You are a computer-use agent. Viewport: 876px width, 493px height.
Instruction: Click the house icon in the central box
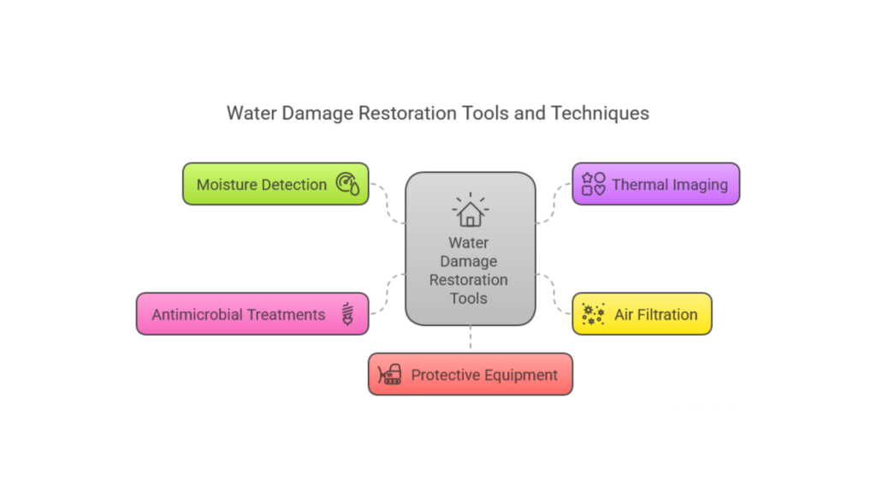471,210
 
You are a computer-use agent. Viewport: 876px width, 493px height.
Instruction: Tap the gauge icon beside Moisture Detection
347,183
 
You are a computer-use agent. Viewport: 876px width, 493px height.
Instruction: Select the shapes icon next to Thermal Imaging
594,184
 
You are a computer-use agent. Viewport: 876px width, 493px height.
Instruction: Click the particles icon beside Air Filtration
593,314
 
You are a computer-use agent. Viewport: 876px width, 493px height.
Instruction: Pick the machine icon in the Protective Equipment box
389,375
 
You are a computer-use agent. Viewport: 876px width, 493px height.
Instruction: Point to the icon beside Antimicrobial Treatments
347,314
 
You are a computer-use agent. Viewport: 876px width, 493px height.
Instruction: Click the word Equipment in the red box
521,376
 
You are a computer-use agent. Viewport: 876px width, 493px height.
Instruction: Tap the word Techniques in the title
600,114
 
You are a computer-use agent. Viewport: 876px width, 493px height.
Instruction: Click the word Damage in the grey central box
469,262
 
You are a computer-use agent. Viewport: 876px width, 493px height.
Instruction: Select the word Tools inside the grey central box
469,299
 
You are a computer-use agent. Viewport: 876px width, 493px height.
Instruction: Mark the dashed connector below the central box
471,338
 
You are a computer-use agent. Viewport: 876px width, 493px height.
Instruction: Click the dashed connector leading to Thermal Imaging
553,204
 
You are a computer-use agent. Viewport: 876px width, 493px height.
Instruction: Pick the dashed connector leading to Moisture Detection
388,204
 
